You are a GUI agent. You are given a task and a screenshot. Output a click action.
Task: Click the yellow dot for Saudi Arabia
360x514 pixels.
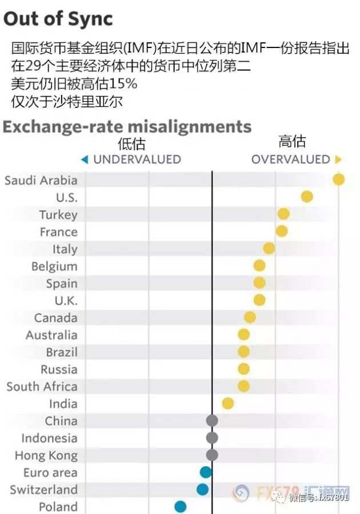(338, 180)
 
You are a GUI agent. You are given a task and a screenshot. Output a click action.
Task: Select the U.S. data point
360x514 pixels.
(307, 196)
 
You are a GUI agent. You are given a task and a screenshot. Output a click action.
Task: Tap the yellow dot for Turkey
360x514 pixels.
(283, 214)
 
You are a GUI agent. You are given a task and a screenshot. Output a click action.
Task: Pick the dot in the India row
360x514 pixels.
(228, 403)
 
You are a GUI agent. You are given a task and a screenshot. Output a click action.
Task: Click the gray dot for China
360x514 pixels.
(212, 420)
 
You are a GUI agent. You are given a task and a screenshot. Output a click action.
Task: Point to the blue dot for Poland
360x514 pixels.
(181, 507)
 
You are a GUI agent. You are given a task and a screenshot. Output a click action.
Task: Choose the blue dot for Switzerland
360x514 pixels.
(203, 489)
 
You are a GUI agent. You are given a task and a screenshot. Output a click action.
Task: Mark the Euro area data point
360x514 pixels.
(206, 472)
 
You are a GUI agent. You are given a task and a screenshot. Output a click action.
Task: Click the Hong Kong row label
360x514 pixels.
(46, 456)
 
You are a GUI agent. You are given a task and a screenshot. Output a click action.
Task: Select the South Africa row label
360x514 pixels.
(42, 387)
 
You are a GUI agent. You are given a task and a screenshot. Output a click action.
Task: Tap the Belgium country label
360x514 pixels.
(54, 267)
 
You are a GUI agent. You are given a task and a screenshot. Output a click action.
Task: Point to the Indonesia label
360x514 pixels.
(50, 438)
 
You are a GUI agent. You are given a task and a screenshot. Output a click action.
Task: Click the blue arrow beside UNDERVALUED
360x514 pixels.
(85, 160)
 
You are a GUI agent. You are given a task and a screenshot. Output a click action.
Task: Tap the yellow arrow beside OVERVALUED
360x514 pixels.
(338, 160)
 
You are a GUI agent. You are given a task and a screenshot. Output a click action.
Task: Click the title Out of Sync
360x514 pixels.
(58, 19)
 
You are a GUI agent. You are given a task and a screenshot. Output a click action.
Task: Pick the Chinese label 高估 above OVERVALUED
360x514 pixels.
(292, 141)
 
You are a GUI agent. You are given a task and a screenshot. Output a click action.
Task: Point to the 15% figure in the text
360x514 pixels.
(123, 84)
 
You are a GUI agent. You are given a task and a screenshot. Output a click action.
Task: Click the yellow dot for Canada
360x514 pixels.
(250, 318)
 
